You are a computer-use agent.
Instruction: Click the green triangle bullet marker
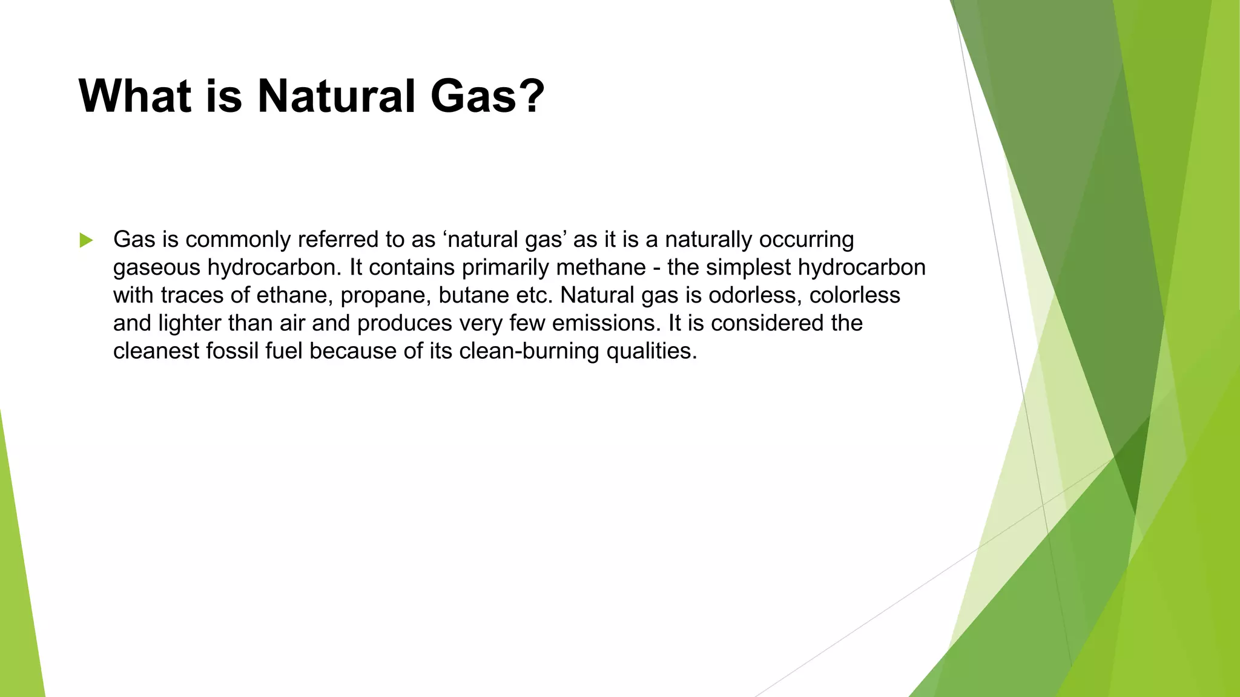[x=86, y=240]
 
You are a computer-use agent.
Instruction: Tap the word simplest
[x=751, y=267]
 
